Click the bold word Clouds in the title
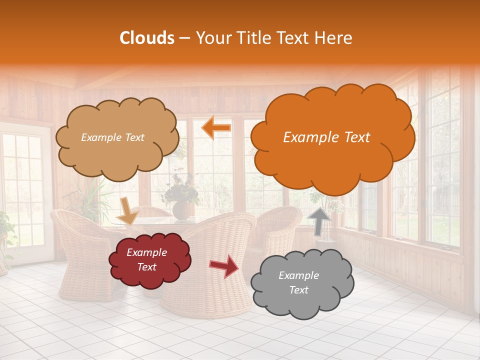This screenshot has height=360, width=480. pos(147,38)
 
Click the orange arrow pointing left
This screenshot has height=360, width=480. pos(216,128)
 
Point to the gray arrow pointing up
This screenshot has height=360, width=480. pos(318,221)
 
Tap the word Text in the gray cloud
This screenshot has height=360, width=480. pos(298,290)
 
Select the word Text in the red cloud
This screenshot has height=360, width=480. pos(146,267)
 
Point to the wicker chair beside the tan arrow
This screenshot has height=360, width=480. pos(80,250)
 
